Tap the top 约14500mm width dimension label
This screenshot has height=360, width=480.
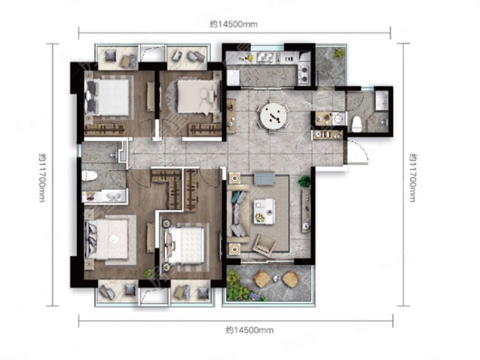coord(233,24)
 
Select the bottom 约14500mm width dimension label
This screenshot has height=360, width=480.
coord(250,330)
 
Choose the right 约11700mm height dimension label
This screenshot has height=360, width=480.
coord(413,178)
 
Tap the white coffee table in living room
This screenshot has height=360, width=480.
coord(264,211)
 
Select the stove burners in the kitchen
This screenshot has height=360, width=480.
coord(304,74)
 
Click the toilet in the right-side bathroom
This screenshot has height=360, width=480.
coord(356,124)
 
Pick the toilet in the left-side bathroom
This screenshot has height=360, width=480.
coord(89,175)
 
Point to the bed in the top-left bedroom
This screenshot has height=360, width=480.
coord(108,97)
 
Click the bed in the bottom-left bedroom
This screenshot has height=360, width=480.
coord(107,239)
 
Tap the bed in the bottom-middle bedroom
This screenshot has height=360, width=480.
coord(184,245)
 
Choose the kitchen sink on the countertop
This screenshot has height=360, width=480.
coord(265,57)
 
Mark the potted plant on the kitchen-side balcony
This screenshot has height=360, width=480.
coord(339,53)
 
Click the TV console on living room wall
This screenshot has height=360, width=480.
coord(306,211)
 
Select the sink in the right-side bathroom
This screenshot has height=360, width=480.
coord(382,100)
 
